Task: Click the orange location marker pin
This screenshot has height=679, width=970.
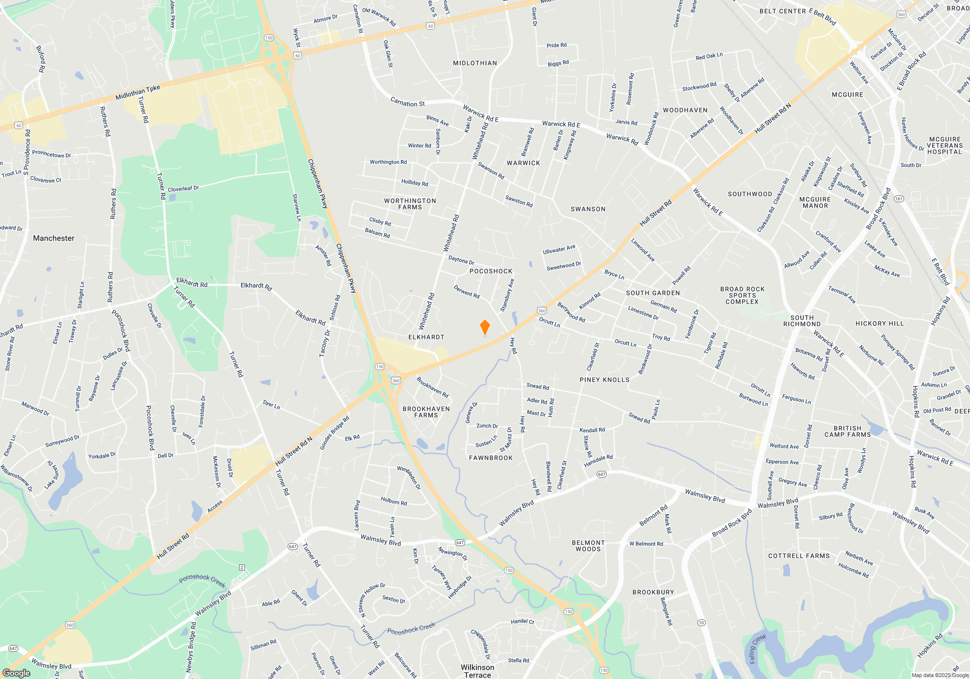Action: pos(485,327)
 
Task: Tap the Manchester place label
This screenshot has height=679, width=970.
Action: pos(54,238)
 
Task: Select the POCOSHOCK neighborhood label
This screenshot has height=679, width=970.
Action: pos(491,271)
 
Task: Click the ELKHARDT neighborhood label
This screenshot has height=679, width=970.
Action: pos(426,337)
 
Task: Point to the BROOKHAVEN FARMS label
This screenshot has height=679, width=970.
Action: pos(426,412)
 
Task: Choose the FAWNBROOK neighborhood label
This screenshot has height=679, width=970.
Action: pos(491,458)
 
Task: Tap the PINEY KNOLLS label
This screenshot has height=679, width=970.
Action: pos(604,380)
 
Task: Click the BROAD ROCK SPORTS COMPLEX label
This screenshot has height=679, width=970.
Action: pos(742,295)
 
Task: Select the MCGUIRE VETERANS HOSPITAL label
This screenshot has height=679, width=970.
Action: pos(944,145)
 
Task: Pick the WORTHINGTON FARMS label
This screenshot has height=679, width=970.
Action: pos(410,204)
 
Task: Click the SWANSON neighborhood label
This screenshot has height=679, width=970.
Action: pos(588,209)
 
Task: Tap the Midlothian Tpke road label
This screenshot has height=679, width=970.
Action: pos(138,93)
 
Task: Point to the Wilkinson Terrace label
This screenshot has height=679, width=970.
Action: pos(477,671)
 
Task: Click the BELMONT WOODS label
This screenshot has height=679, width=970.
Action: pos(588,546)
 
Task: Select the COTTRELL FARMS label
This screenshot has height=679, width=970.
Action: pos(799,556)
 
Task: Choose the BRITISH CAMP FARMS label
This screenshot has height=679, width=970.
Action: pos(847,431)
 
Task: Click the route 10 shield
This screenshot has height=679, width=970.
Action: pos(701,623)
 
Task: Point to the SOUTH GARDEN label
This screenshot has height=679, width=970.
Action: pos(653,293)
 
